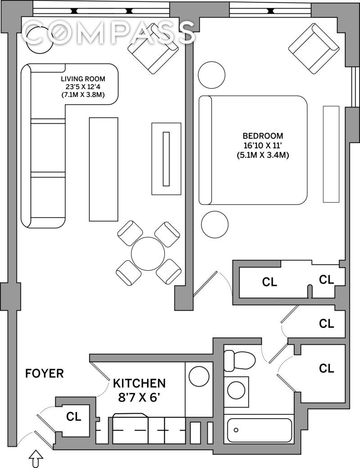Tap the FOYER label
45,374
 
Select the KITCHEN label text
139,383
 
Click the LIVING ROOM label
83,79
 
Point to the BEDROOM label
263,136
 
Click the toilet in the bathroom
239,361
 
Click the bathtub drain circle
236,430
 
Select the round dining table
148,254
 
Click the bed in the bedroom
253,150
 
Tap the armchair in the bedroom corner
314,49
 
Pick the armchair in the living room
153,49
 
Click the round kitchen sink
199,375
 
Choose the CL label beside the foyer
74,416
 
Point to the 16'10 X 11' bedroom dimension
263,146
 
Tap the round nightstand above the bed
212,75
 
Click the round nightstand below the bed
215,224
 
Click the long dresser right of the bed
331,154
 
